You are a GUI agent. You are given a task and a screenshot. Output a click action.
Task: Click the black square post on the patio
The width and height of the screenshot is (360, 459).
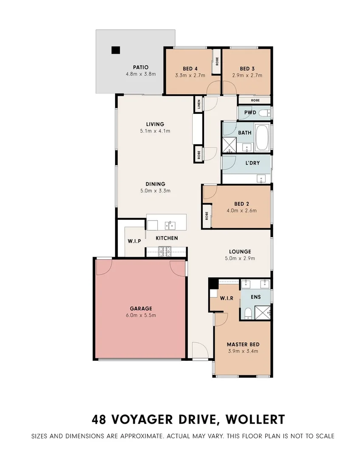116,50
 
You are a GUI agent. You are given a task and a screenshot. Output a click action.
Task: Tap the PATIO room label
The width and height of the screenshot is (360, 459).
140,67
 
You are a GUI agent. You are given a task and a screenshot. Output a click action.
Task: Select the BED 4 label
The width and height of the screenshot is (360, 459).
190,68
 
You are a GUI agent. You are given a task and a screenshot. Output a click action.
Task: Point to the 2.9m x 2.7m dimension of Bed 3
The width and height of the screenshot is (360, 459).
247,75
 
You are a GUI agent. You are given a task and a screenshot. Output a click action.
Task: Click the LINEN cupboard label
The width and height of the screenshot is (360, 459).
198,105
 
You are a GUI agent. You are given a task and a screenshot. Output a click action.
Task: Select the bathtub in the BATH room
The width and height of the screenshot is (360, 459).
262,138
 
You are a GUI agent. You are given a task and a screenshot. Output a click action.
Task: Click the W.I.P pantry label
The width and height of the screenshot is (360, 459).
134,241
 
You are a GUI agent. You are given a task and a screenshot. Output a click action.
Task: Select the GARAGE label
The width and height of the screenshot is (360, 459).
141,309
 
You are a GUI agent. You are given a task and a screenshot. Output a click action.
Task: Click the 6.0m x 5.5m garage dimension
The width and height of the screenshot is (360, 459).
141,315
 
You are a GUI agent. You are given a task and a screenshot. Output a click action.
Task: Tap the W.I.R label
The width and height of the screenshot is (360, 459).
227,298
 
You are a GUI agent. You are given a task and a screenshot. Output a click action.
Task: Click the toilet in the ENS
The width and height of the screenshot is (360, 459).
248,313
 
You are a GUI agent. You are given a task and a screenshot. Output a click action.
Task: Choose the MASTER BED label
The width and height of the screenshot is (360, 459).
243,344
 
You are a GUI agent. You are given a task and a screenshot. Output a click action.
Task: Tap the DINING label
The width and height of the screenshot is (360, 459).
155,184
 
